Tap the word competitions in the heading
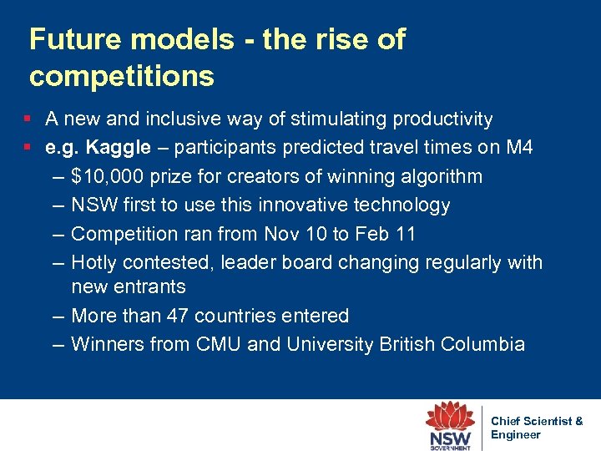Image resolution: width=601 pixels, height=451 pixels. click(122, 76)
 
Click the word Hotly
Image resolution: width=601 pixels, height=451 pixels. click(94, 262)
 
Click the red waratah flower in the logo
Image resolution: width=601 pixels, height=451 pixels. click(451, 417)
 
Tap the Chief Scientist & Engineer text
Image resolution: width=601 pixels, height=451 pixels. click(535, 428)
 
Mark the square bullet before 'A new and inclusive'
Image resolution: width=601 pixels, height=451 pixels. click(28, 119)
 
